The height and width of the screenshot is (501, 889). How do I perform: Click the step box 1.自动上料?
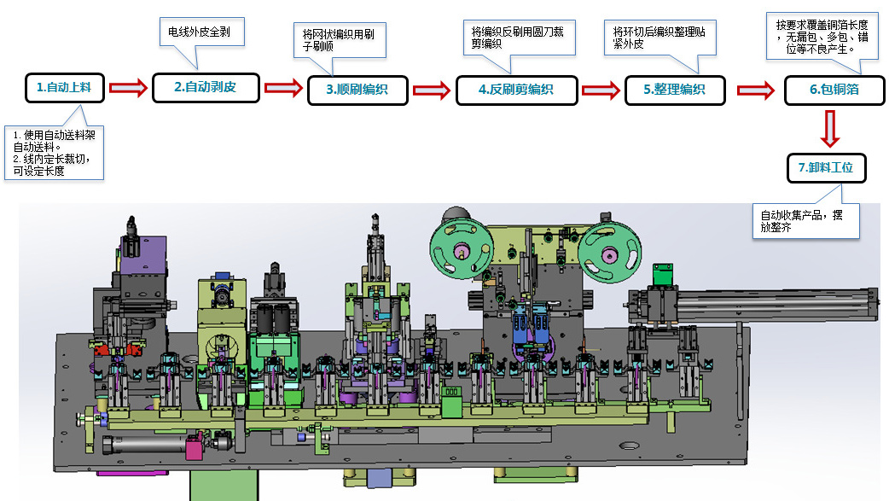click(x=64, y=87)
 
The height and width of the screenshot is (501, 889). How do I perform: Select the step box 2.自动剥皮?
click(x=205, y=87)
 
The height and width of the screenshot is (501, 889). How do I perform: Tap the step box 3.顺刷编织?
click(x=357, y=90)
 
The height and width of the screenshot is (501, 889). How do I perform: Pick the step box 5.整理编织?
click(x=674, y=90)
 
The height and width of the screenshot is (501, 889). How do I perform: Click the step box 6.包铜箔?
click(x=834, y=90)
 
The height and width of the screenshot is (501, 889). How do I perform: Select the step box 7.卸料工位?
click(x=826, y=168)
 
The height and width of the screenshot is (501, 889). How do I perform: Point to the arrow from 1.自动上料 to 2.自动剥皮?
click(x=128, y=87)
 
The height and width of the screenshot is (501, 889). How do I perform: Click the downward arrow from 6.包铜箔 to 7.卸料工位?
click(x=832, y=129)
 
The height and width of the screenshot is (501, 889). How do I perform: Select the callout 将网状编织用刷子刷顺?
click(x=339, y=41)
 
